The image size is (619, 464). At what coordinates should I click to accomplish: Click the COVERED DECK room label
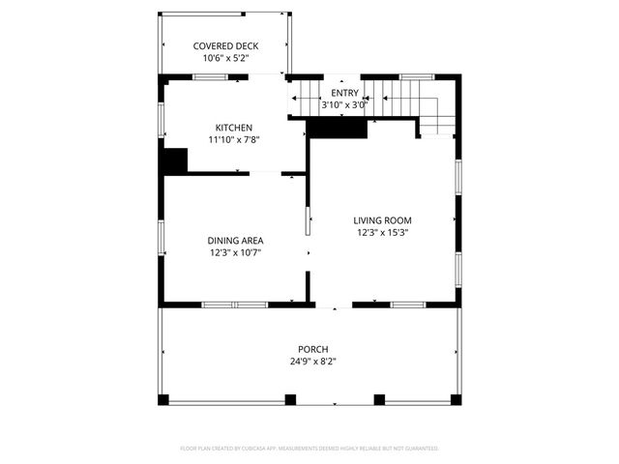(x=224, y=45)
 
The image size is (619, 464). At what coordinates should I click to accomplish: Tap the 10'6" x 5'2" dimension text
(x=224, y=58)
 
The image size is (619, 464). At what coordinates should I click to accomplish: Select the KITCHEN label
(x=234, y=128)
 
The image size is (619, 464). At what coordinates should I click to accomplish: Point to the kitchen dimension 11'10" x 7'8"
(x=234, y=140)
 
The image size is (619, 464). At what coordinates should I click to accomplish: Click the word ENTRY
(x=344, y=93)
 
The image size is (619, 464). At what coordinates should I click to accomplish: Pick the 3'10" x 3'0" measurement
(x=344, y=104)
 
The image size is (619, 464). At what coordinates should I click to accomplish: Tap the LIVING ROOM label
(x=382, y=220)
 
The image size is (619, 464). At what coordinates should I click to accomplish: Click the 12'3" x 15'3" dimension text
(x=382, y=233)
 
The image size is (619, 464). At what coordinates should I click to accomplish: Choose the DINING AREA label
(x=235, y=241)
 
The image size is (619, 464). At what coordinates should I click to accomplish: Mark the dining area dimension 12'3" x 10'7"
(x=235, y=253)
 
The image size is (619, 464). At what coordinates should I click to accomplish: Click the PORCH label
(x=312, y=349)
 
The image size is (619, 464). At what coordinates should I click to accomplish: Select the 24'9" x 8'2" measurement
(x=312, y=362)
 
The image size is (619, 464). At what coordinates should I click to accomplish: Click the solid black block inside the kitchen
(x=174, y=160)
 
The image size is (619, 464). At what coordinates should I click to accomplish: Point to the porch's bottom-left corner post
(x=163, y=399)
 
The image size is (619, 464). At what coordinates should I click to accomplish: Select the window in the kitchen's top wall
(x=209, y=76)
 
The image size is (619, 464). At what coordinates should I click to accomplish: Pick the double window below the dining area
(x=234, y=304)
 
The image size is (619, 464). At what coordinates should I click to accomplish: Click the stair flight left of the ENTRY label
(x=307, y=98)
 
